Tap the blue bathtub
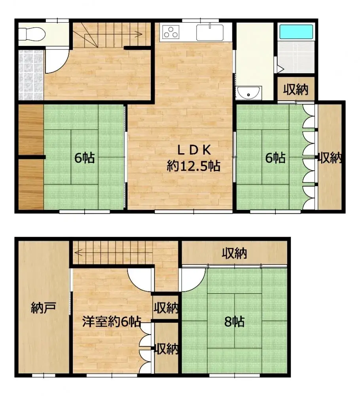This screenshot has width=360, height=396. coord(296,31)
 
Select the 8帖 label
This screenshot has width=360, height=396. coord(234,321)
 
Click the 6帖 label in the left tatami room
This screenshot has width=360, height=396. coord(84,158)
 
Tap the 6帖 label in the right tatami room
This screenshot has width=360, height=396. coord(275,158)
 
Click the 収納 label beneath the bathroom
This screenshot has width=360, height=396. coord(296,90)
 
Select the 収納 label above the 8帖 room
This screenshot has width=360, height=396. coord(234,253)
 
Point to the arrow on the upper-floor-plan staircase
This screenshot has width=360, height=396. coord(136,34)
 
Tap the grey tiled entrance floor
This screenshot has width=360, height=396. coord(30,75)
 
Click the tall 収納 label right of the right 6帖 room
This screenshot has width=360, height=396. coord(330,158)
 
